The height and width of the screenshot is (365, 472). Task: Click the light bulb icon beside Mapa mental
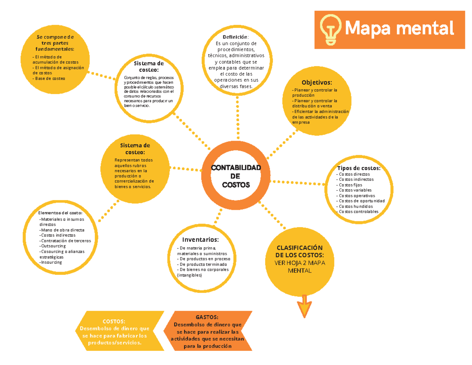pos(330,30)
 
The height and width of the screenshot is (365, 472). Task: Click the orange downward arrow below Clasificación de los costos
pos(304,306)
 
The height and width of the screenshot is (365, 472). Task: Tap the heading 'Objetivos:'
pos(317,82)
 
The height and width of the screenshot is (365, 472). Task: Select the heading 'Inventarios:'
pos(201,239)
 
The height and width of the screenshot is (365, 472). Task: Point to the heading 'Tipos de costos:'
pos(359,168)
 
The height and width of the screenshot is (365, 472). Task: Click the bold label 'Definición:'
pos(236,37)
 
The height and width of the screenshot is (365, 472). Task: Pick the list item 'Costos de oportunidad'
pos(360,201)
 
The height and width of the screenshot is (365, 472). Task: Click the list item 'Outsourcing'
pos(53,246)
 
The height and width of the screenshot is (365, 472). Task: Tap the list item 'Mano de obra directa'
pos(62,230)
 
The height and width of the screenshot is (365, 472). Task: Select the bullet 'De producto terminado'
pos(202,264)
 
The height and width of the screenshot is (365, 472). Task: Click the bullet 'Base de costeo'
pos(49,78)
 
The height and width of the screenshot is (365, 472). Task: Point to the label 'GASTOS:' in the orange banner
pos(207,317)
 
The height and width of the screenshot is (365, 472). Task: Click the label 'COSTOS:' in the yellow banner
pos(114,321)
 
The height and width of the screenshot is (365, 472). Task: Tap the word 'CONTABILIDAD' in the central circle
pos(236,168)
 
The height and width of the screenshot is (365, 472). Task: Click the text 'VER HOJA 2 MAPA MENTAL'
pos(300,267)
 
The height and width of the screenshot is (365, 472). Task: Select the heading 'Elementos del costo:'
pos(60,213)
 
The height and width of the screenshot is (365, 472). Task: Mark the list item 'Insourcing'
pos(51,262)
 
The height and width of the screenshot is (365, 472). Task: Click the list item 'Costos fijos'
pos(349,185)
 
